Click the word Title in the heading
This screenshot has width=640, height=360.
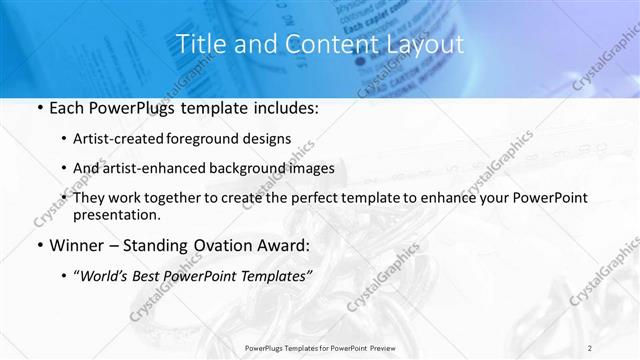tap(198, 44)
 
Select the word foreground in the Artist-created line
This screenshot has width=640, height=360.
tap(219, 138)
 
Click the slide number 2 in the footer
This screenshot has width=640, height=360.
tap(590, 348)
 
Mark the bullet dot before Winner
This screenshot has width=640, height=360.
tap(39, 245)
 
